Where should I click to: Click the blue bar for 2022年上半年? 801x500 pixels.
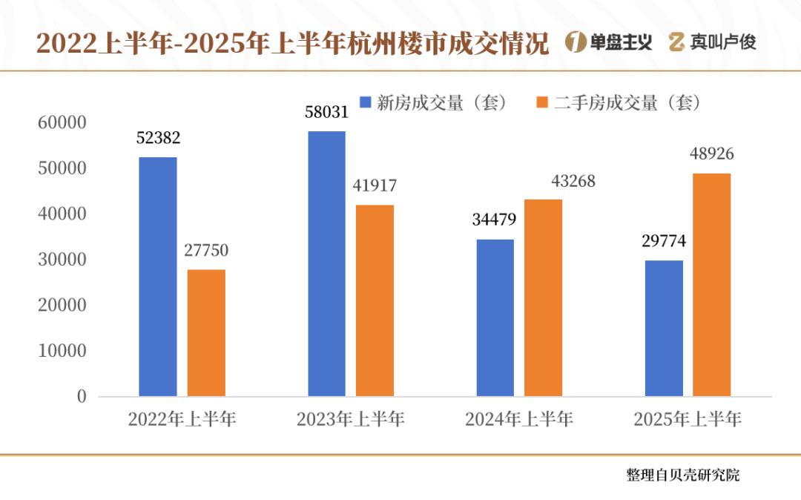(x=158, y=277)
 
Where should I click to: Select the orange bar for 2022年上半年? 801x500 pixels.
(x=206, y=333)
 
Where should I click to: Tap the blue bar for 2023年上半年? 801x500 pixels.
(x=326, y=264)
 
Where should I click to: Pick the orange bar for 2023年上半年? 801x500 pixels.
(x=375, y=300)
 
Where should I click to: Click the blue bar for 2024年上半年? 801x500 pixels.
(x=495, y=318)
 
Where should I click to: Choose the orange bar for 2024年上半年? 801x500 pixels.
(x=544, y=297)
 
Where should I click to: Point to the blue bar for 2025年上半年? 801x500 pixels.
(x=664, y=328)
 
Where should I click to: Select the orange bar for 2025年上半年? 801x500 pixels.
(x=712, y=285)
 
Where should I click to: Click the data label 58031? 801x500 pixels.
(x=326, y=112)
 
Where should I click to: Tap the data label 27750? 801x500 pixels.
(x=206, y=251)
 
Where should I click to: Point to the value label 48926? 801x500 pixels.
(x=712, y=154)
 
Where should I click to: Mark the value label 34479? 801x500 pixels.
(x=495, y=220)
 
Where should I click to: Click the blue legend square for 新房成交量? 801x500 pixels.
(x=365, y=102)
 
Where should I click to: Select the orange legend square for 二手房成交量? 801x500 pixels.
(x=541, y=102)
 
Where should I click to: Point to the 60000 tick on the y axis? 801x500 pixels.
(x=62, y=122)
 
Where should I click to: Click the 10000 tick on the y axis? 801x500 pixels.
(x=62, y=351)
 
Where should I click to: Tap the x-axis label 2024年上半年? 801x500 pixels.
(x=519, y=419)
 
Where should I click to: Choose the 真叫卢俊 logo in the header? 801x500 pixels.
(x=712, y=42)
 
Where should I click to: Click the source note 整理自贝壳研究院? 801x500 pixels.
(x=682, y=475)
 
